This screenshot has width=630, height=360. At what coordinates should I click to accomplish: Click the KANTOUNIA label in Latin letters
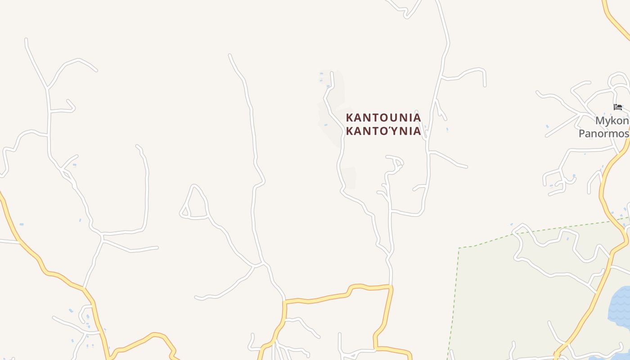383,118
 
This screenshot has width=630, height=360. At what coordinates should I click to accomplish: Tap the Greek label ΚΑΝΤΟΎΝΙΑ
383,131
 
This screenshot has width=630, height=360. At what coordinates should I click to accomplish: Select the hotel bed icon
618,107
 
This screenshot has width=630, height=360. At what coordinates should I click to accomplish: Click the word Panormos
603,134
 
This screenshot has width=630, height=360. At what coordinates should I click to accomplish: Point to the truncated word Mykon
612,121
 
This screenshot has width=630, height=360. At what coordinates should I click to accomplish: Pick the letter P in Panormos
582,134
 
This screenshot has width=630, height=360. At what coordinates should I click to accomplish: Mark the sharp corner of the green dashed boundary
459,248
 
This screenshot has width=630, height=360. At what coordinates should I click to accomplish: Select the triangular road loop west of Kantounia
193,205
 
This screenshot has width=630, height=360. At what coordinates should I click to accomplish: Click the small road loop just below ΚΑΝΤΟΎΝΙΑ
395,163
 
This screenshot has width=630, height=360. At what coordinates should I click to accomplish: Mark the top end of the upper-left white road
26,40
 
